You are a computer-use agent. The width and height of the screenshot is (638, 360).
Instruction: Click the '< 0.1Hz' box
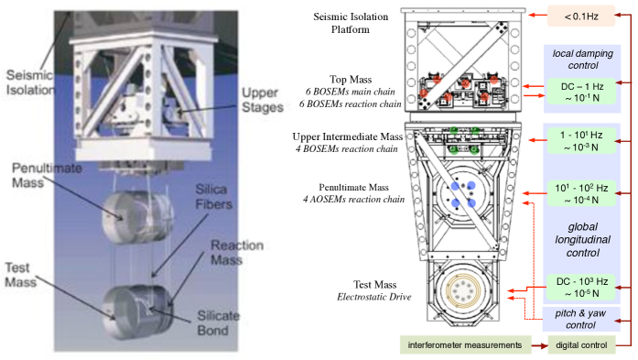(x=580, y=16)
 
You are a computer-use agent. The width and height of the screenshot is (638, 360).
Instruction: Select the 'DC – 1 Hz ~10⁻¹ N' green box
(x=581, y=92)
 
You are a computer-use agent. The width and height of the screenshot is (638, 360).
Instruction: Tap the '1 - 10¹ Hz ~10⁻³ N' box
(x=581, y=141)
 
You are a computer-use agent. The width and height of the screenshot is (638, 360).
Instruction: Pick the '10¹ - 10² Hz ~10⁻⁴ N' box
(x=581, y=193)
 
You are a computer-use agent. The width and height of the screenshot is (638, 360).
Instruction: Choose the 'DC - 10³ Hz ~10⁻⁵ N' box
(x=581, y=287)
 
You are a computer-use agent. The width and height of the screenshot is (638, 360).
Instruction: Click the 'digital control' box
(x=581, y=345)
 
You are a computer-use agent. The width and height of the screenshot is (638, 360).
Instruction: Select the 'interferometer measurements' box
(x=465, y=345)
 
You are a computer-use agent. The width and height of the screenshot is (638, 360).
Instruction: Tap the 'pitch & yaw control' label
(x=580, y=319)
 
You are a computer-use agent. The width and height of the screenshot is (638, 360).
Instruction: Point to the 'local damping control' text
(x=583, y=60)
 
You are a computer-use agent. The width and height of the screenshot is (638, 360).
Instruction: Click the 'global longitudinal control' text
(x=583, y=239)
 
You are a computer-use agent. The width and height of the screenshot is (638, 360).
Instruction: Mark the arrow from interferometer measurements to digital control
(x=539, y=345)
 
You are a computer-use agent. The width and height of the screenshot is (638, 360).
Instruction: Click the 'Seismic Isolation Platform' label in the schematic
(x=351, y=23)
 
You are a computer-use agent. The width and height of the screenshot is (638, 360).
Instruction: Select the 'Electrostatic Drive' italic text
(x=374, y=297)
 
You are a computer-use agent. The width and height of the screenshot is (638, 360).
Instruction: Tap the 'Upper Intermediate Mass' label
(x=348, y=136)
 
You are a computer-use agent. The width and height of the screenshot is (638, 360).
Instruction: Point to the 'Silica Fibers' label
(x=213, y=196)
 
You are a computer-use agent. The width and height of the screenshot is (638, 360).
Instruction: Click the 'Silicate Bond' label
(x=218, y=322)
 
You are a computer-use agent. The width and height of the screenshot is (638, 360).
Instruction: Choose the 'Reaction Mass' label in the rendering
(x=237, y=253)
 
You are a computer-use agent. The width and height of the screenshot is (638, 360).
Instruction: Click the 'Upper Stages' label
(x=263, y=100)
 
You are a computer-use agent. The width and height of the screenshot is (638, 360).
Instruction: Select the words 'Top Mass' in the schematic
(x=351, y=80)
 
